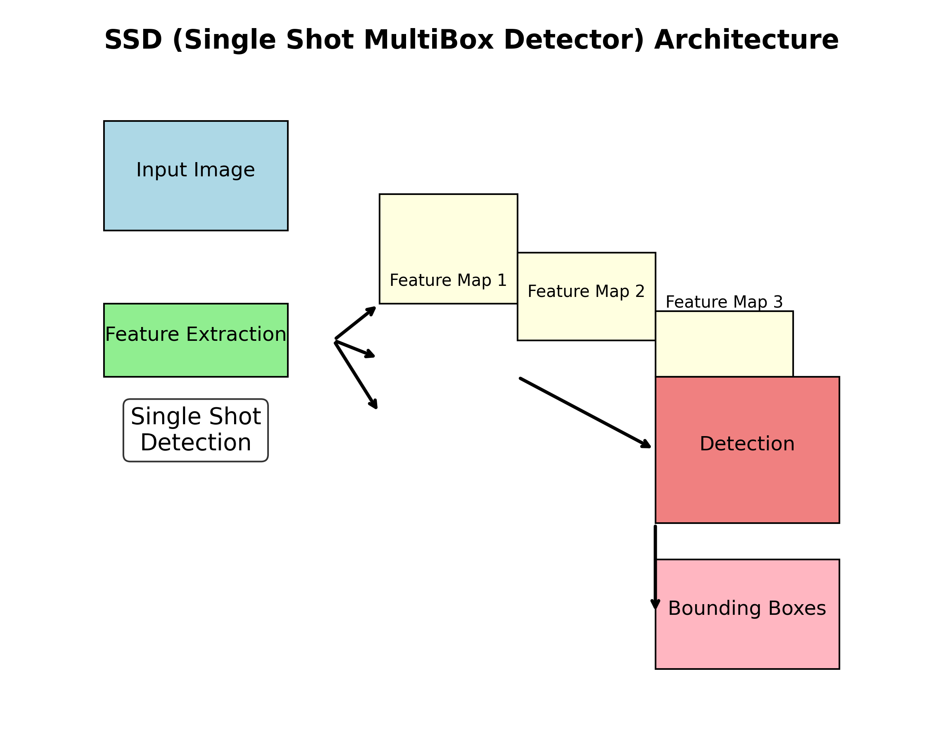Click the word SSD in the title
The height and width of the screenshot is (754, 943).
[133, 40]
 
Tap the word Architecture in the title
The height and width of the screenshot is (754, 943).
[746, 40]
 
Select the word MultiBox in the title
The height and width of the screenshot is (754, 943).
[429, 40]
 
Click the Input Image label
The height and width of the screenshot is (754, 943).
[195, 170]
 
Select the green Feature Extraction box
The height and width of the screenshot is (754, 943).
[195, 359]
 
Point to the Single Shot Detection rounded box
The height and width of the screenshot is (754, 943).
[195, 430]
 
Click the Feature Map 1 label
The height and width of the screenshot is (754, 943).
[448, 280]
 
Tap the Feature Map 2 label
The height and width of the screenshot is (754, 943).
[586, 291]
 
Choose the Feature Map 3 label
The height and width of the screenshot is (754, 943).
[724, 302]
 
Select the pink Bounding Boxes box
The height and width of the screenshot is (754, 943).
[747, 639]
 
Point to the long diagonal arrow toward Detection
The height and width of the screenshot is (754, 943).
[585, 412]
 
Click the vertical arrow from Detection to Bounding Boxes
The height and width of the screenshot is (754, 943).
[655, 569]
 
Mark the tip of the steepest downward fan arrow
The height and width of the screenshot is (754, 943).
[375, 407]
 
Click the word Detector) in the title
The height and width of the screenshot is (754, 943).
[574, 40]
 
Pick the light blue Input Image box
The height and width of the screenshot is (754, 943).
[195, 206]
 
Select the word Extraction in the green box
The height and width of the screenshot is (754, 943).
[236, 334]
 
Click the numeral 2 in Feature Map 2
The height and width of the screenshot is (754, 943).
[640, 291]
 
